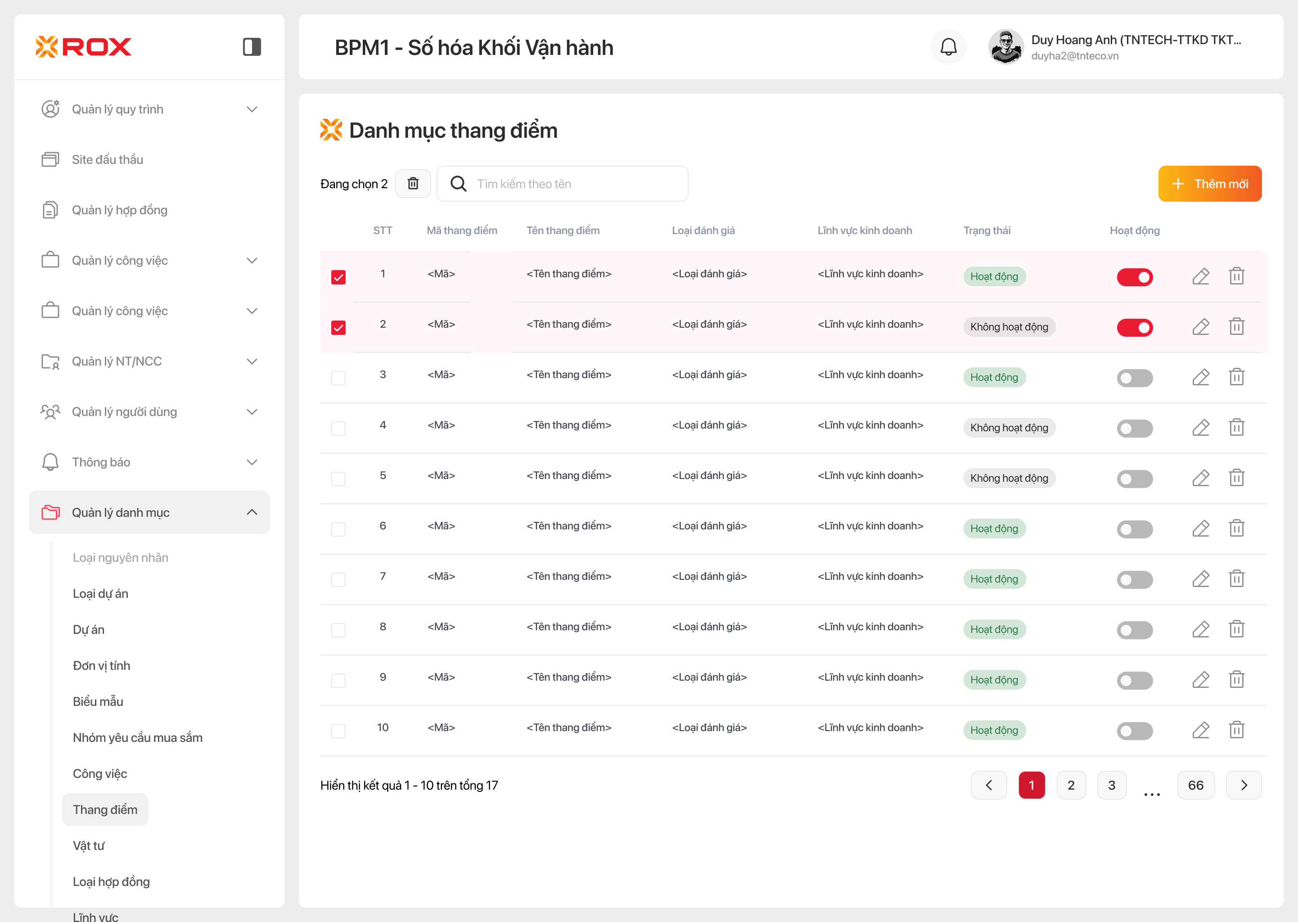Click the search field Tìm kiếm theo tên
[568, 184]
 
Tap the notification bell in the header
[948, 47]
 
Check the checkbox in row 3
[338, 378]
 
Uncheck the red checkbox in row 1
[338, 277]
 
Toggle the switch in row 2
[1134, 328]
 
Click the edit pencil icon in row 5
[1200, 478]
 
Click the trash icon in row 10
[1236, 730]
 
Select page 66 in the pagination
[1195, 785]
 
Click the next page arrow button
[1244, 785]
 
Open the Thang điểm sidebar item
[105, 809]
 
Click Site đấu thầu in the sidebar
[107, 159]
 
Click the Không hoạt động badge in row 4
[1009, 428]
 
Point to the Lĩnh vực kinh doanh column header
[865, 230]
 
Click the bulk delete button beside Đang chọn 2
[413, 184]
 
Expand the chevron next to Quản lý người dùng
[252, 411]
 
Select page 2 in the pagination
[1071, 785]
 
